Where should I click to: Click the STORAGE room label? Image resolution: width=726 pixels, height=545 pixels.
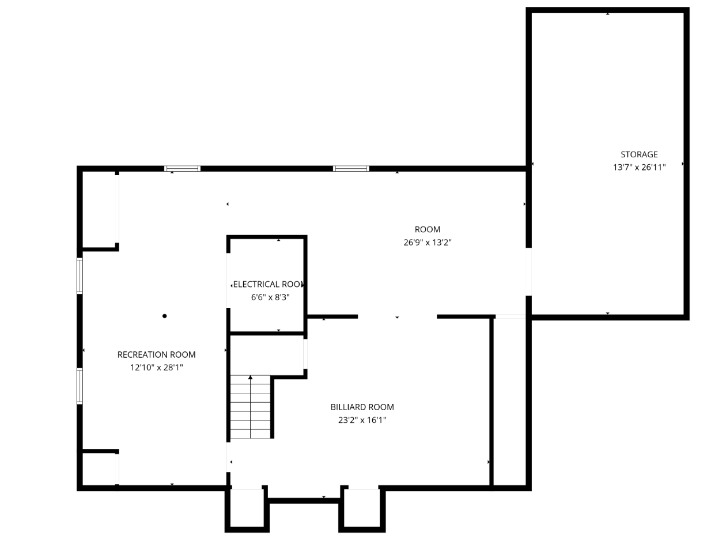[638, 154]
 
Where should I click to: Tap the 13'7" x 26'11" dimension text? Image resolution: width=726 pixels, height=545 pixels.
[639, 167]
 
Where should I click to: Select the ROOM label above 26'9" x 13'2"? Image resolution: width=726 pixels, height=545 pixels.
[428, 229]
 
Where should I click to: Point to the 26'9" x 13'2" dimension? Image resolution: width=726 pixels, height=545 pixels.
[428, 243]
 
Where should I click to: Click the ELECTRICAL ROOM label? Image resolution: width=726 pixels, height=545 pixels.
[269, 285]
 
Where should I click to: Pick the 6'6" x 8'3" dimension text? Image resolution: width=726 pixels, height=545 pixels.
[270, 297]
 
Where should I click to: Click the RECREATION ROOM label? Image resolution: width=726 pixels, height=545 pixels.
[157, 355]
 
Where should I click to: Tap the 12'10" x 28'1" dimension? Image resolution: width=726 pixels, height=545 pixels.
[157, 368]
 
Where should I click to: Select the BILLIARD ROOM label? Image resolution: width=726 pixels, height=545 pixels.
[362, 407]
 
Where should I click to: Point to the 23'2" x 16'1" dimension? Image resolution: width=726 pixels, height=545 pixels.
[362, 420]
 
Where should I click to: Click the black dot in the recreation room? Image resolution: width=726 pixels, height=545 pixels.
[164, 316]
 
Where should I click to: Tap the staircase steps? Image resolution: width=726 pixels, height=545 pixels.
[251, 407]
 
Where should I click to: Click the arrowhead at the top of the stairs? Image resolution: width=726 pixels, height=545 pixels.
[251, 377]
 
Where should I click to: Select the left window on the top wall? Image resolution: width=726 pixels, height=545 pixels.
[182, 169]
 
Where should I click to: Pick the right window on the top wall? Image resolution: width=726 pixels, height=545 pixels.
[351, 169]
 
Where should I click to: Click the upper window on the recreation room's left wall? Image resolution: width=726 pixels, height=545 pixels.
[80, 276]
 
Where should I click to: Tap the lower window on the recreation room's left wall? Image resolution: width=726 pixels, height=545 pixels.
[80, 386]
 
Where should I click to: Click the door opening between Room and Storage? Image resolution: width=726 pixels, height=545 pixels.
[528, 272]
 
